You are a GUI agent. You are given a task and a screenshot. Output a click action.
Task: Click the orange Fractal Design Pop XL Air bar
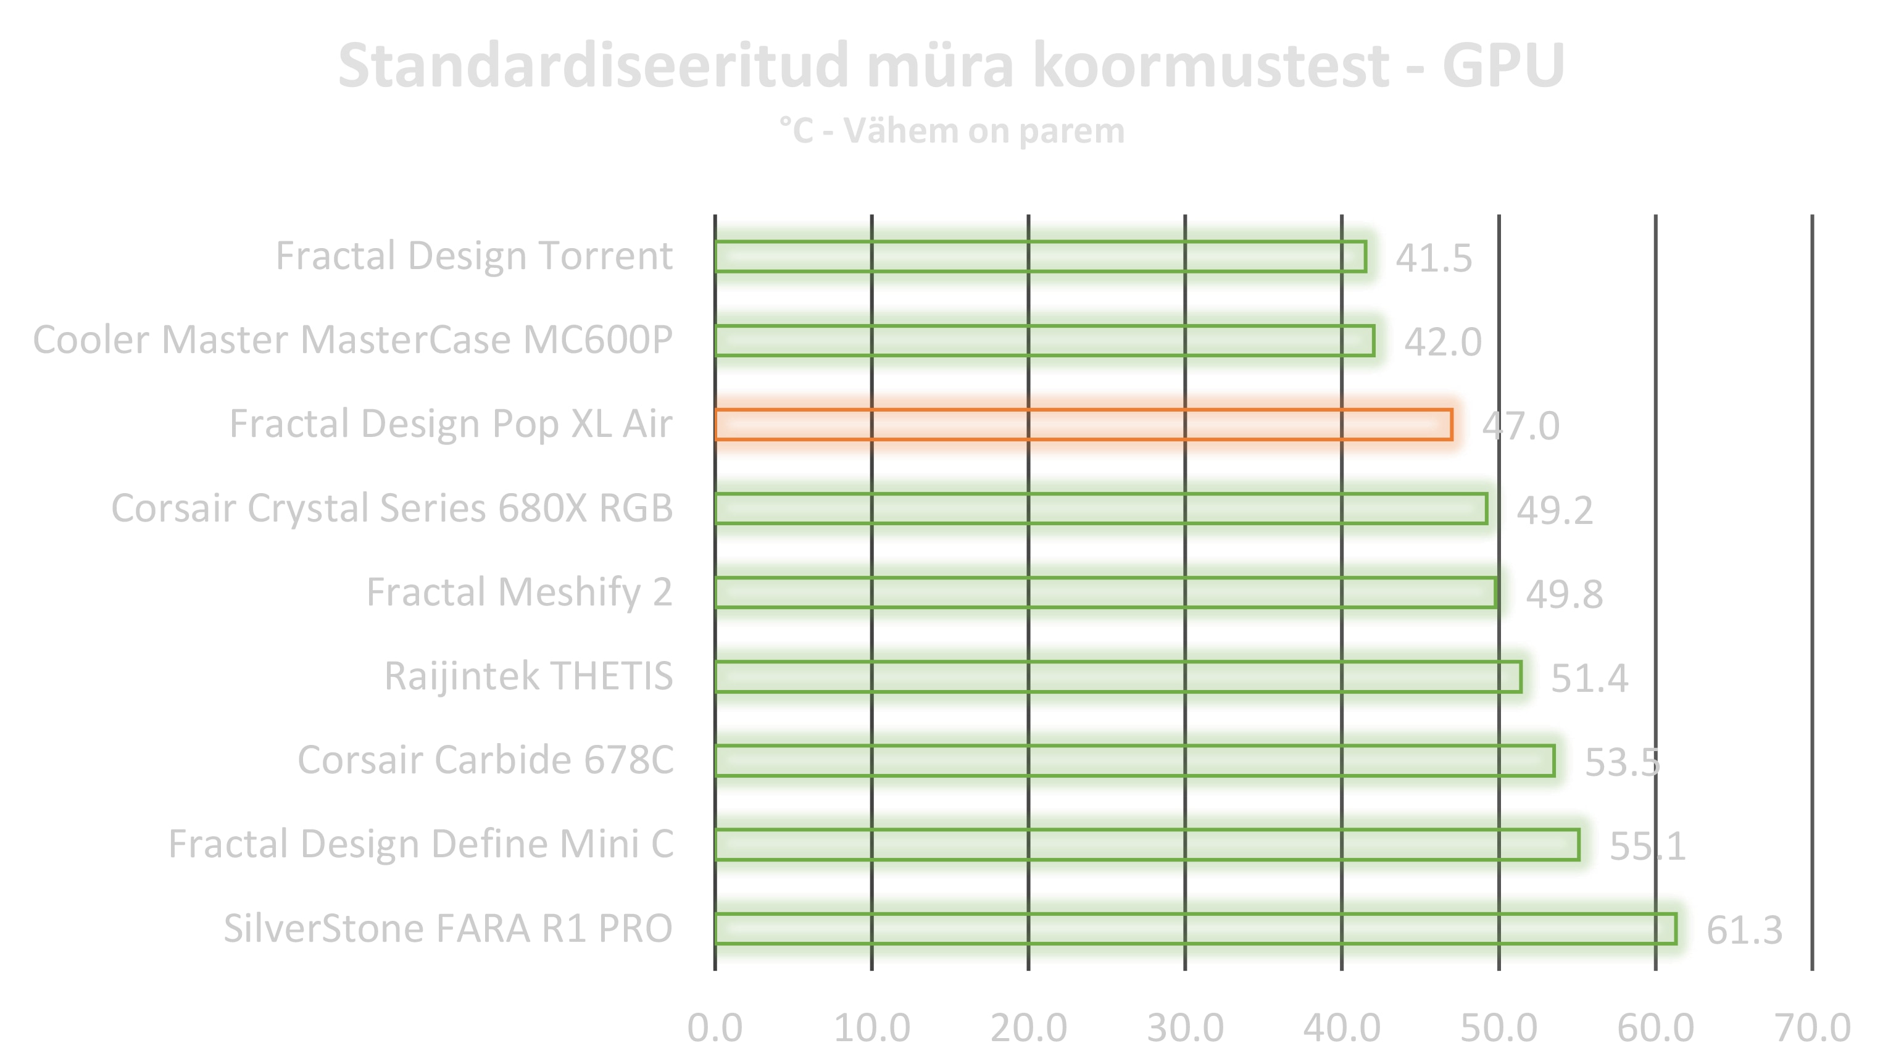click(1083, 425)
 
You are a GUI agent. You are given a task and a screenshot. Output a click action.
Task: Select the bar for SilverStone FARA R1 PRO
click(1195, 929)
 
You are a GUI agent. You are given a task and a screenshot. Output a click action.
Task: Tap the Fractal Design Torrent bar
click(1040, 257)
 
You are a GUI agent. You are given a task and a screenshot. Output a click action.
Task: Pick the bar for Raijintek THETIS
click(1118, 677)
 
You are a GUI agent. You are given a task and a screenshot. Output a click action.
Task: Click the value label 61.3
click(1744, 930)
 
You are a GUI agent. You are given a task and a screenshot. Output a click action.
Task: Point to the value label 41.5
click(1433, 258)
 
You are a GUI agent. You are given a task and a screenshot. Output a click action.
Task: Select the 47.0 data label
click(1520, 426)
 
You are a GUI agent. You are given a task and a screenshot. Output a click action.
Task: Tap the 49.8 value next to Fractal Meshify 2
click(1563, 594)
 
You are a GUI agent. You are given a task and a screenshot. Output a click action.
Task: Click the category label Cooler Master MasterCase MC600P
click(352, 340)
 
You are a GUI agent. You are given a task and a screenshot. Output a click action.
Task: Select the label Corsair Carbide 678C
click(485, 760)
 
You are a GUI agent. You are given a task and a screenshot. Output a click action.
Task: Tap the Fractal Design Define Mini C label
click(420, 844)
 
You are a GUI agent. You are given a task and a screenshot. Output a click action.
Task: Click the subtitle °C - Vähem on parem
click(952, 131)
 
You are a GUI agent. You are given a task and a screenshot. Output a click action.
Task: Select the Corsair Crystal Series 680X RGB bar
click(1100, 509)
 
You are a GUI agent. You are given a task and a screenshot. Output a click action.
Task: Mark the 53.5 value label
click(1621, 762)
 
